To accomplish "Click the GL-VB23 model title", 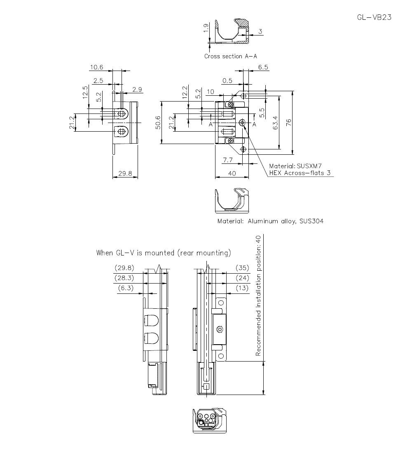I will pyautogui.click(x=374, y=17).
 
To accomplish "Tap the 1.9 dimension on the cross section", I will pyautogui.click(x=206, y=28).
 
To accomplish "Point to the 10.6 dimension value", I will pyautogui.click(x=97, y=67).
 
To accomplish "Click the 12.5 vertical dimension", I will pyautogui.click(x=85, y=92).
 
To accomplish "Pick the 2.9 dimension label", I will pyautogui.click(x=137, y=90).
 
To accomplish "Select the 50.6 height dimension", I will pyautogui.click(x=158, y=123).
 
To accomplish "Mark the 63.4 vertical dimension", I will pyautogui.click(x=275, y=123).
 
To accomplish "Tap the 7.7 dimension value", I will pyautogui.click(x=228, y=160).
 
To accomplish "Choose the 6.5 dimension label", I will pyautogui.click(x=263, y=67).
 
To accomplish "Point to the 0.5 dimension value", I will pyautogui.click(x=227, y=80).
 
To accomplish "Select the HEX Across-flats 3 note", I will pyautogui.click(x=300, y=173).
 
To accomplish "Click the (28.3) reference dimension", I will pyautogui.click(x=124, y=278).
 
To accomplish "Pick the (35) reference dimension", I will pyautogui.click(x=242, y=268).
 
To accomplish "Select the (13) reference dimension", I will pyautogui.click(x=242, y=288).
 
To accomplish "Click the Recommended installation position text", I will pyautogui.click(x=258, y=296).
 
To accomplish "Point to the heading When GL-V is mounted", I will pyautogui.click(x=164, y=253).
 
